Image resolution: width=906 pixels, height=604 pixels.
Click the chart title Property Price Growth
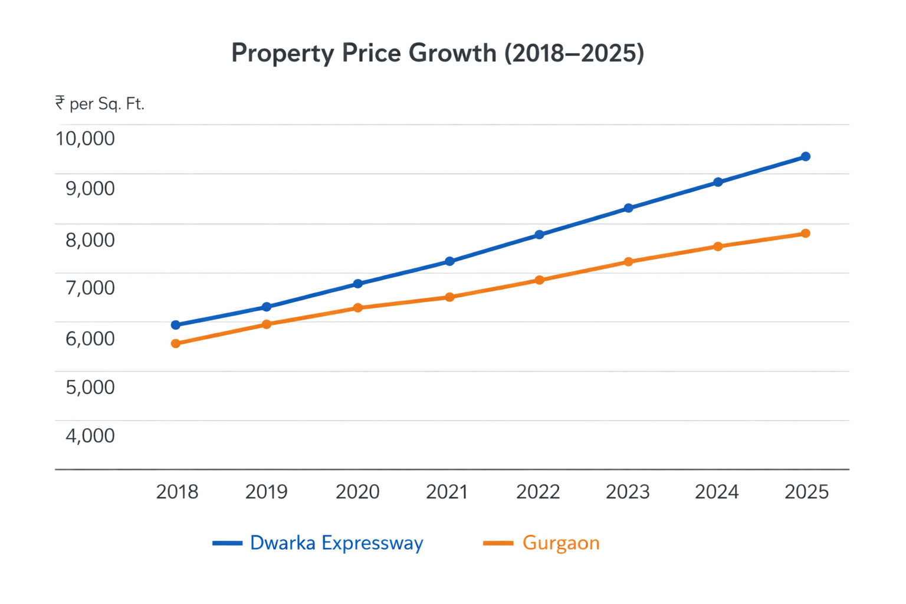coord(437,53)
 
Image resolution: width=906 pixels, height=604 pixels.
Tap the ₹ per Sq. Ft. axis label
coord(100,104)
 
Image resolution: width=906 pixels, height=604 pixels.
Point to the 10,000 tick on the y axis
coord(85,139)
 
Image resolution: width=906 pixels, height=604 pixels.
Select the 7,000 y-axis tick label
coord(90,288)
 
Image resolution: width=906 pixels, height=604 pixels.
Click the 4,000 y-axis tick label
coord(90,436)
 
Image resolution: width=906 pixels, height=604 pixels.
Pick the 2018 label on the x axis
coord(177,492)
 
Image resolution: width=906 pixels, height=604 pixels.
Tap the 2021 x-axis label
coord(447,492)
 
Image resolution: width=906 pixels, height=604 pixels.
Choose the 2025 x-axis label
coord(806,492)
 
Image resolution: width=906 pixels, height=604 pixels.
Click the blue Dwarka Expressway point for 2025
coord(806,156)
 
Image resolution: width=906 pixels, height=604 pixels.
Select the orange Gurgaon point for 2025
coord(806,234)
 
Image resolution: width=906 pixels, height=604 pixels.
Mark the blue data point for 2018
coord(176,325)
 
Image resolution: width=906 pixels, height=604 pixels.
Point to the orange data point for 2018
coord(176,343)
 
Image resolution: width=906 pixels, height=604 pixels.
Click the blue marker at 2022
coord(539,235)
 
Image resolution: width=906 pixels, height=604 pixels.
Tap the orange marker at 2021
coord(449,297)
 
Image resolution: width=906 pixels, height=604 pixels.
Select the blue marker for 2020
coord(357,284)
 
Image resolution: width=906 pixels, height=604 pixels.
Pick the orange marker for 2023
coord(629,262)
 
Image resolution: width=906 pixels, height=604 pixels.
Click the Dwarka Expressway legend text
coord(336,543)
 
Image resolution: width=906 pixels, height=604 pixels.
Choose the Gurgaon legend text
coord(560,543)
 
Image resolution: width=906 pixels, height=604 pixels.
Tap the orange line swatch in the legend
coord(498,543)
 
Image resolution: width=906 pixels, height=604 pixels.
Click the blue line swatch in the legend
coord(227,543)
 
